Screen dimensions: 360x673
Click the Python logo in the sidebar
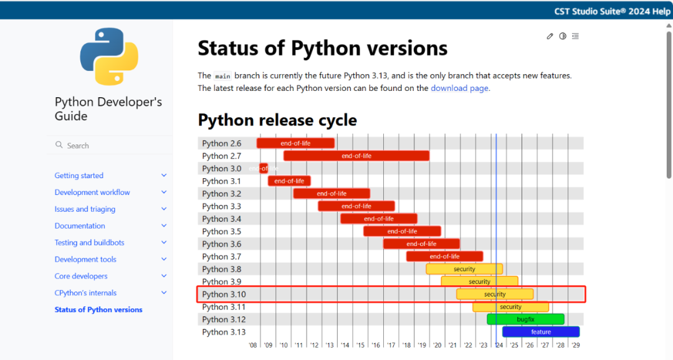tap(109, 57)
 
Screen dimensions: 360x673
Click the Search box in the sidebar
tap(109, 145)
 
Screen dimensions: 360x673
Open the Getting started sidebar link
tap(79, 176)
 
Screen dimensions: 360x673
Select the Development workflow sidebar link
tap(92, 192)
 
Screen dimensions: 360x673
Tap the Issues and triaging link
tap(85, 209)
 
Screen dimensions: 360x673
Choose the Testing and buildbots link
tap(89, 242)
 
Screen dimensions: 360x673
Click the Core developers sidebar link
tap(81, 276)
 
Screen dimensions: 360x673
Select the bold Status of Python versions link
tap(98, 310)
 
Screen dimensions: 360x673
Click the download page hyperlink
tap(459, 88)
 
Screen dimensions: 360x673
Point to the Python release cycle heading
tap(277, 120)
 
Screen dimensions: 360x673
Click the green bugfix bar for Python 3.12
tap(525, 320)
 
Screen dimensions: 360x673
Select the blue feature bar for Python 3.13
tap(540, 332)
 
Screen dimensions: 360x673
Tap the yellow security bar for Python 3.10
tap(495, 294)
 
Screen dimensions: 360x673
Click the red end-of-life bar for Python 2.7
tap(356, 156)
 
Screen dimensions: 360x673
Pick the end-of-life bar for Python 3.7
tap(444, 256)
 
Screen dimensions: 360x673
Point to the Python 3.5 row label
tap(221, 231)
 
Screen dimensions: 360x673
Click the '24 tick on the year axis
tap(499, 345)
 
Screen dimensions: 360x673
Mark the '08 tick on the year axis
tap(253, 345)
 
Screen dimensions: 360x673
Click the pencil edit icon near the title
tap(550, 36)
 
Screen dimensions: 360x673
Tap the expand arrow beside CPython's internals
tap(164, 293)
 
